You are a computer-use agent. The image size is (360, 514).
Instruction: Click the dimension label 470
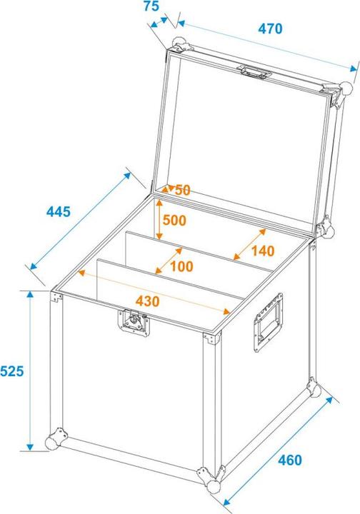pyautogui.click(x=271, y=29)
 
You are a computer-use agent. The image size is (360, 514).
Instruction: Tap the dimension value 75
pyautogui.click(x=151, y=7)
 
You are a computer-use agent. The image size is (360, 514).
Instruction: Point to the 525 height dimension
pyautogui.click(x=12, y=371)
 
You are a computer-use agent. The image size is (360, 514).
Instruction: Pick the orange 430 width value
pyautogui.click(x=147, y=301)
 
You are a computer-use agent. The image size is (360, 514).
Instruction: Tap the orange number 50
pyautogui.click(x=182, y=191)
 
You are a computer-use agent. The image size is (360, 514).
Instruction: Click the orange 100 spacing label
pyautogui.click(x=183, y=266)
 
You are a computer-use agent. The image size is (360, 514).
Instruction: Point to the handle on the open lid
pyautogui.click(x=255, y=71)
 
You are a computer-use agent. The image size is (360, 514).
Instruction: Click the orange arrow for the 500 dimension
pyautogui.click(x=159, y=220)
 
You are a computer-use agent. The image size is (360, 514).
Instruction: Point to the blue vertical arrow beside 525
pyautogui.click(x=30, y=371)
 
